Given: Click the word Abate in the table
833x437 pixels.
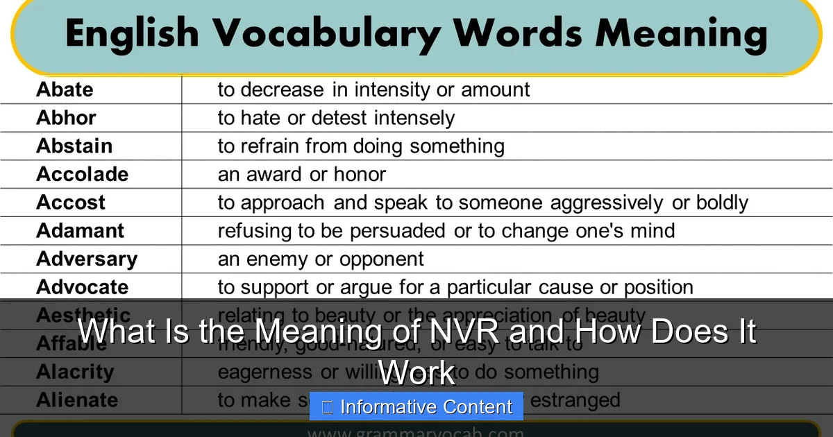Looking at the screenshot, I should pyautogui.click(x=65, y=89).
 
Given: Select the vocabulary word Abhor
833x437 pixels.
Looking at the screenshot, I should pyautogui.click(x=66, y=118).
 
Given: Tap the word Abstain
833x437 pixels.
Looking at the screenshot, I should pyautogui.click(x=74, y=146).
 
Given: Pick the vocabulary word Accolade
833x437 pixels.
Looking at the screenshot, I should pyautogui.click(x=82, y=174).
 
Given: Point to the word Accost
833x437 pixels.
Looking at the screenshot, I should pyautogui.click(x=71, y=203).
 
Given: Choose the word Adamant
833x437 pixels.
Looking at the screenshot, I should pyautogui.click(x=80, y=230).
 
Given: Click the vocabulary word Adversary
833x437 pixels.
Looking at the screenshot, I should pyautogui.click(x=87, y=259).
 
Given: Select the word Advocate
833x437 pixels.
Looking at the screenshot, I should pyautogui.click(x=82, y=287).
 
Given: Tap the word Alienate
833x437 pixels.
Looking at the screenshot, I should pyautogui.click(x=77, y=400).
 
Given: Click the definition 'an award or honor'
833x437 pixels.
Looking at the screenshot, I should pyautogui.click(x=302, y=174).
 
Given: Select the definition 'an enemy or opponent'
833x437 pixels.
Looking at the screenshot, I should pyautogui.click(x=321, y=259).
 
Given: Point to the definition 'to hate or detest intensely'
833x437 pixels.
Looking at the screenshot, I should pyautogui.click(x=336, y=118).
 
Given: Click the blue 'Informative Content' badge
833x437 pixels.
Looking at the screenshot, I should pyautogui.click(x=416, y=406).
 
